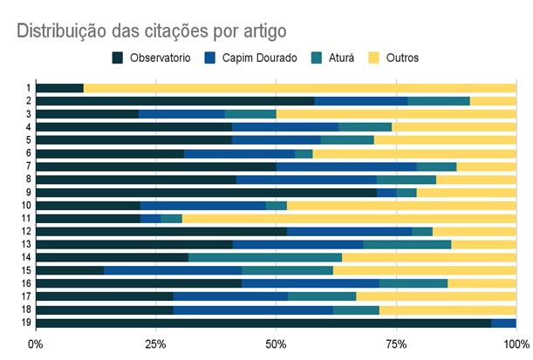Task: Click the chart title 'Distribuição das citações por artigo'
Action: pos(151,31)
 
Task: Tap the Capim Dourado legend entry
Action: pos(254,58)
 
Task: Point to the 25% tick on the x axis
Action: pos(155,343)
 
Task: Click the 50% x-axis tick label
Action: pos(276,343)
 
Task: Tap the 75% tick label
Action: pos(396,343)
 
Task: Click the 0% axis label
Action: pos(36,343)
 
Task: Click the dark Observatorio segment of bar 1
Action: pos(59,88)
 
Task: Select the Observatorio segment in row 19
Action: pos(262,323)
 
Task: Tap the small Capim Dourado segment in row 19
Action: pos(503,323)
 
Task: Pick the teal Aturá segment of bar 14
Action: pos(264,257)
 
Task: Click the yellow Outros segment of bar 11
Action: pos(349,218)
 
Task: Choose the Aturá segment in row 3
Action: pos(250,114)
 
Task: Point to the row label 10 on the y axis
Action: pos(27,206)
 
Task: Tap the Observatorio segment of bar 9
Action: pos(206,193)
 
